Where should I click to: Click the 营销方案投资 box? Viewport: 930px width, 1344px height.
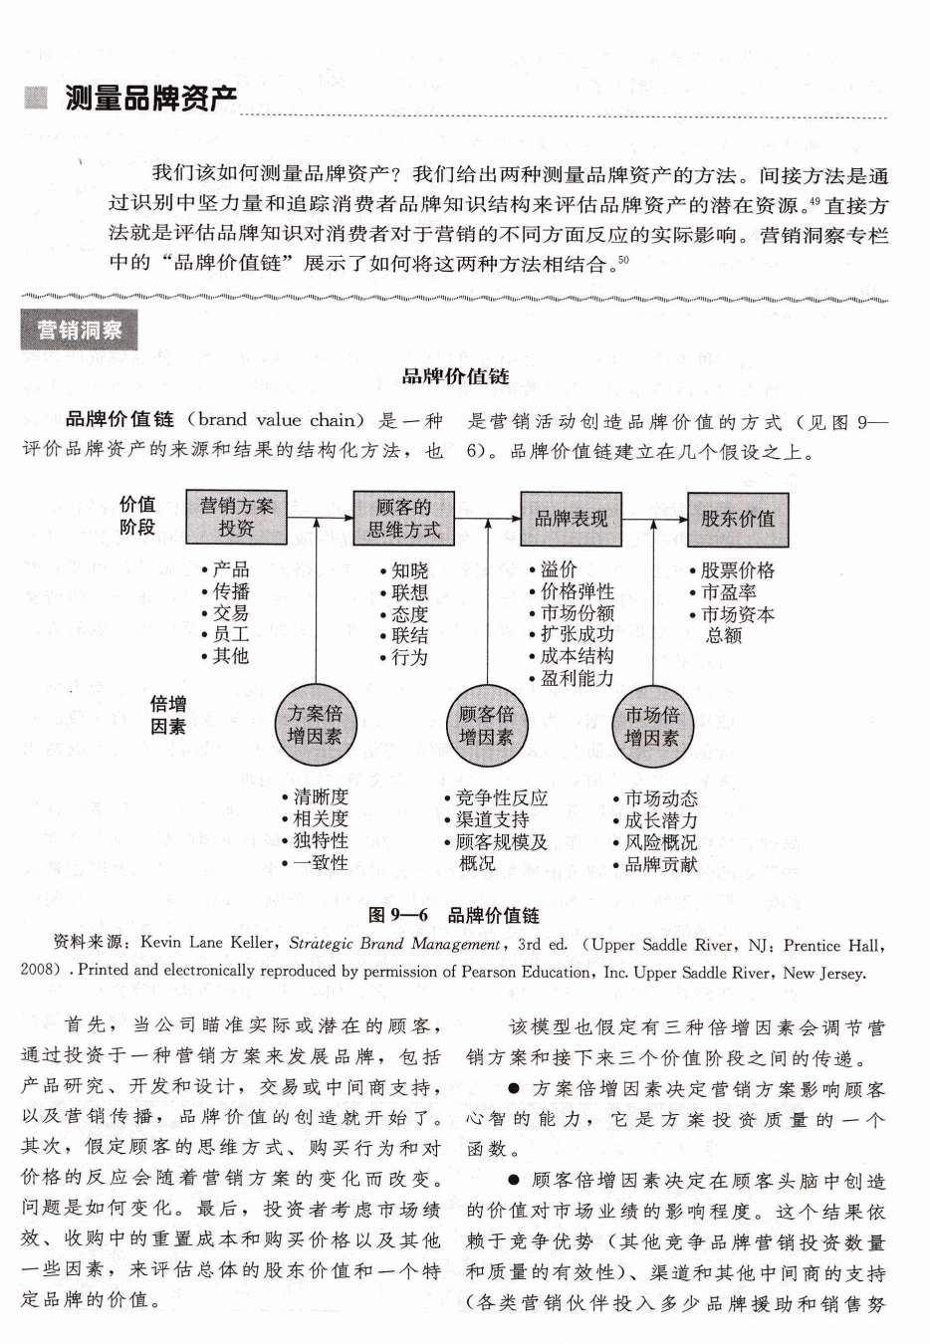[236, 518]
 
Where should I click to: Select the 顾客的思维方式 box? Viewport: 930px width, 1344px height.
[403, 519]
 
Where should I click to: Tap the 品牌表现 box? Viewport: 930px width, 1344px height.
[571, 519]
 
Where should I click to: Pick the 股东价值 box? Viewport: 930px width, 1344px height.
[737, 519]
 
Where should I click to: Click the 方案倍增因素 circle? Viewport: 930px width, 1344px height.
[315, 726]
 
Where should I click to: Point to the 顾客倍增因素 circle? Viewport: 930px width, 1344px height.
[486, 726]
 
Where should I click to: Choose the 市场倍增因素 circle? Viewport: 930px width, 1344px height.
[651, 726]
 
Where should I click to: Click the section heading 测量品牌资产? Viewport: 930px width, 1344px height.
[150, 100]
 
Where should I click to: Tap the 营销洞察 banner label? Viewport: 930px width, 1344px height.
[80, 331]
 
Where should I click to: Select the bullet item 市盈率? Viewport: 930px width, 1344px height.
[728, 592]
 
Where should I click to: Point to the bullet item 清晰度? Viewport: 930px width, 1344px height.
[321, 797]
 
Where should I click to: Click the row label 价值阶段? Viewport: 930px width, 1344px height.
[137, 516]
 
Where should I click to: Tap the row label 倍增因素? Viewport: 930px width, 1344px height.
[167, 716]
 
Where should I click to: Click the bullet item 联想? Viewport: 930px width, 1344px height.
[409, 592]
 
